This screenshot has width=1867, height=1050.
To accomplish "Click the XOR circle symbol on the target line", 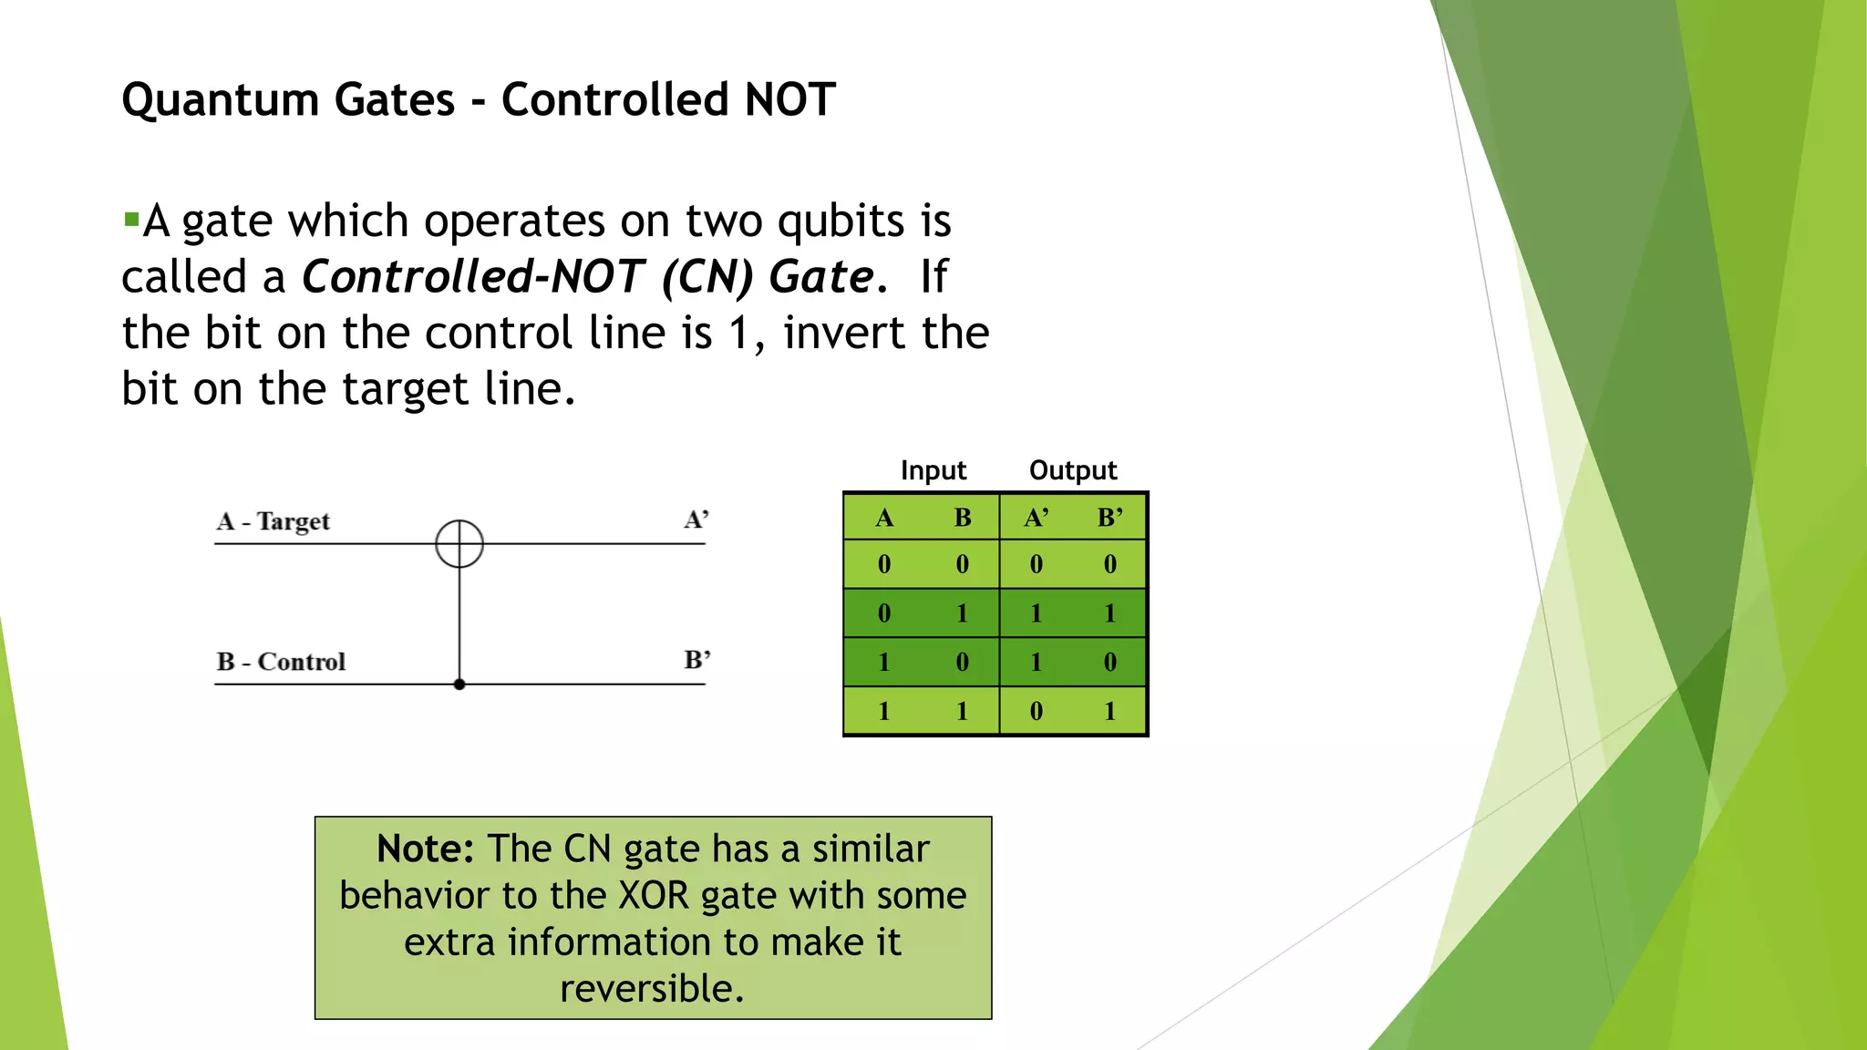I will point(459,544).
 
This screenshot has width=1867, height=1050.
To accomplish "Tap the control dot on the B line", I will point(459,684).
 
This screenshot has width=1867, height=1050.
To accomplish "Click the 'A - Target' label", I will point(273,521).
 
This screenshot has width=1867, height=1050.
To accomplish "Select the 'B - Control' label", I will point(281,662).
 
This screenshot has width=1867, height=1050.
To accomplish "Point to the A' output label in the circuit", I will point(696,520).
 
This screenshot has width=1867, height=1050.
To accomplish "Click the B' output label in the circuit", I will point(697,659).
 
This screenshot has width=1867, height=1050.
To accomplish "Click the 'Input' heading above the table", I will point(933,470).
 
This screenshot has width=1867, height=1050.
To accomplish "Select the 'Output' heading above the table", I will point(1072,470).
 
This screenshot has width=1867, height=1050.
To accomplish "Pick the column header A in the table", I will point(883,518).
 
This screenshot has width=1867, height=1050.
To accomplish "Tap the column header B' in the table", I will point(1109,518).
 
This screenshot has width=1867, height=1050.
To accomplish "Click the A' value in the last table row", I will point(1036,711).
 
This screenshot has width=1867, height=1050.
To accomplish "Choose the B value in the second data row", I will point(962,613).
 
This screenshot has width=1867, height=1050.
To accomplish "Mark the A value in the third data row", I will point(883,662).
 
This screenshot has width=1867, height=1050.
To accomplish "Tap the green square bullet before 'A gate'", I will point(131,220).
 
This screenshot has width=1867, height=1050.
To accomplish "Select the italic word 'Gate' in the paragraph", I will point(820,276).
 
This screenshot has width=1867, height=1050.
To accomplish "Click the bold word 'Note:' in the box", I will point(425,849).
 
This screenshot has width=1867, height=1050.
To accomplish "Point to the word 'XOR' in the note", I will point(655,895).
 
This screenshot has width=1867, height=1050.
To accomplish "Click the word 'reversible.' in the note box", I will point(652,988).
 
